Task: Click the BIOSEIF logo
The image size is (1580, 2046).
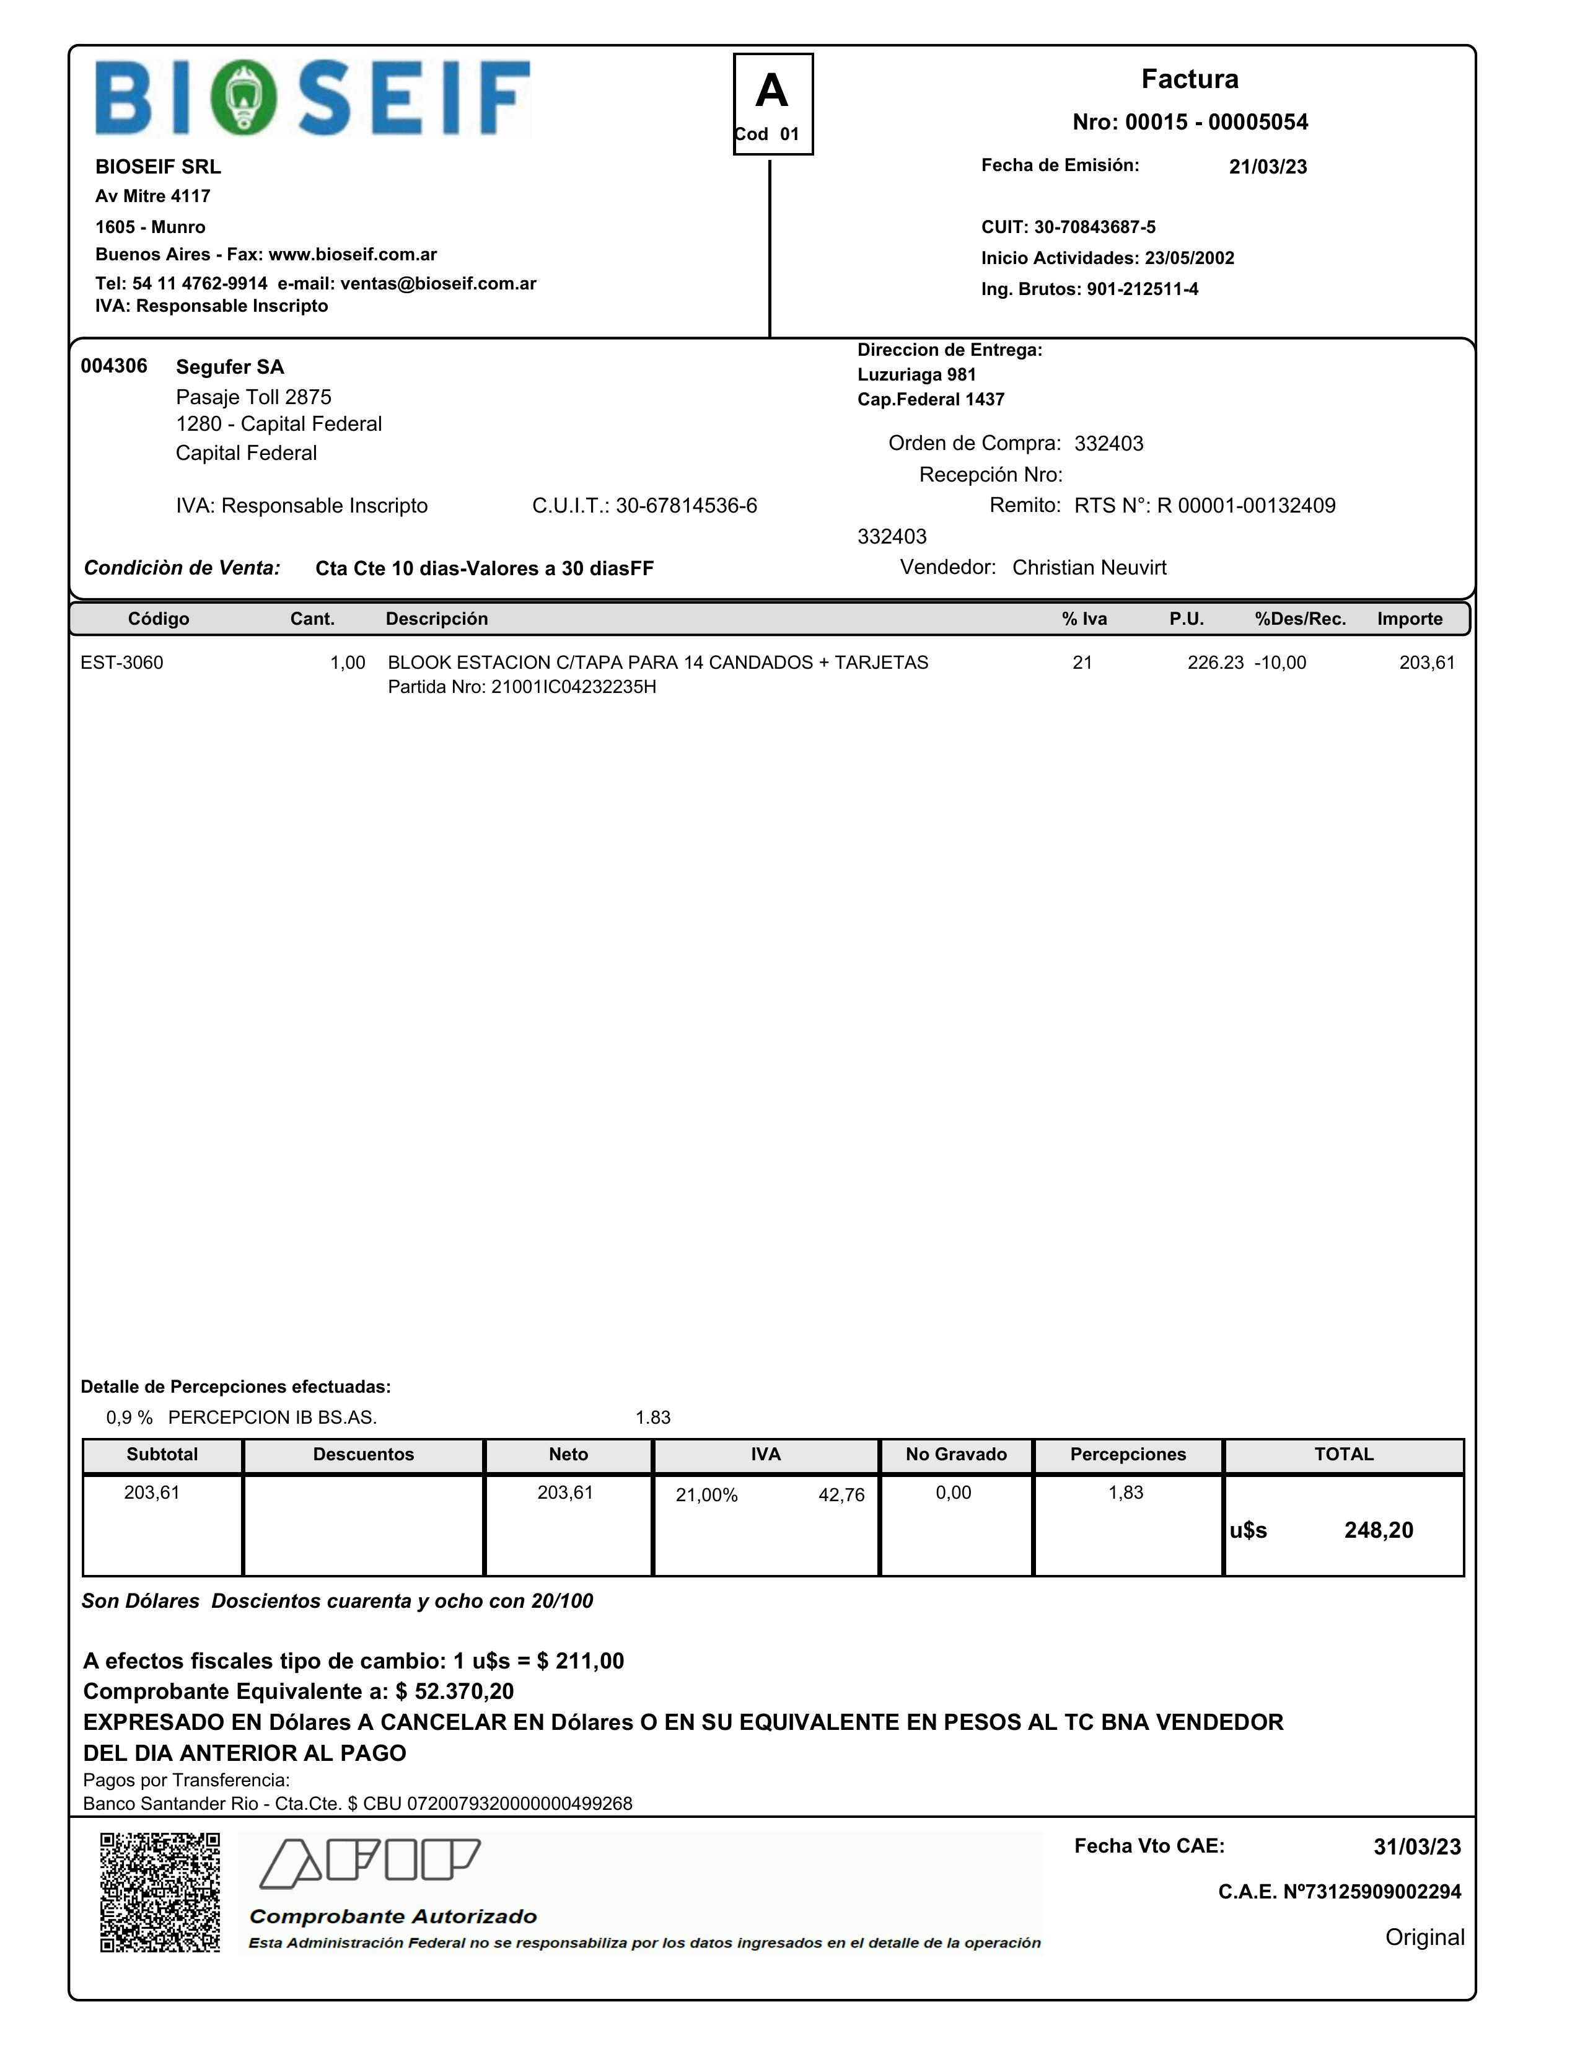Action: click(313, 99)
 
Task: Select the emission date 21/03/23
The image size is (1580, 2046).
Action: click(1267, 167)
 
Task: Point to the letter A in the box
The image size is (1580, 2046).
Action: click(772, 92)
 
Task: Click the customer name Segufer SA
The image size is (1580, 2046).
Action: click(229, 367)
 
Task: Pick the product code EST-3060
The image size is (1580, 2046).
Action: click(122, 663)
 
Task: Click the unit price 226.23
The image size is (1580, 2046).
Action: click(1214, 663)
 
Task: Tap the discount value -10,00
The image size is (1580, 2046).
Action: click(1280, 663)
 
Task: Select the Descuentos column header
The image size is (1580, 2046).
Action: click(363, 1455)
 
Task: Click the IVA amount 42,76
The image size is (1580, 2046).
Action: click(841, 1495)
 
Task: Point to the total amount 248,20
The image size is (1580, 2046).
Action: click(1378, 1531)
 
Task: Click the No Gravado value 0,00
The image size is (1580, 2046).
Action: click(954, 1493)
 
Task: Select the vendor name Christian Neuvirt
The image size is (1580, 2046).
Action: click(1089, 568)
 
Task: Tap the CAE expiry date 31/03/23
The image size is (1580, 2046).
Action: click(1416, 1848)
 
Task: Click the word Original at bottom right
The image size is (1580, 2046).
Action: click(1424, 1938)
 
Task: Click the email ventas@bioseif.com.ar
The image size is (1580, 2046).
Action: click(437, 284)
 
